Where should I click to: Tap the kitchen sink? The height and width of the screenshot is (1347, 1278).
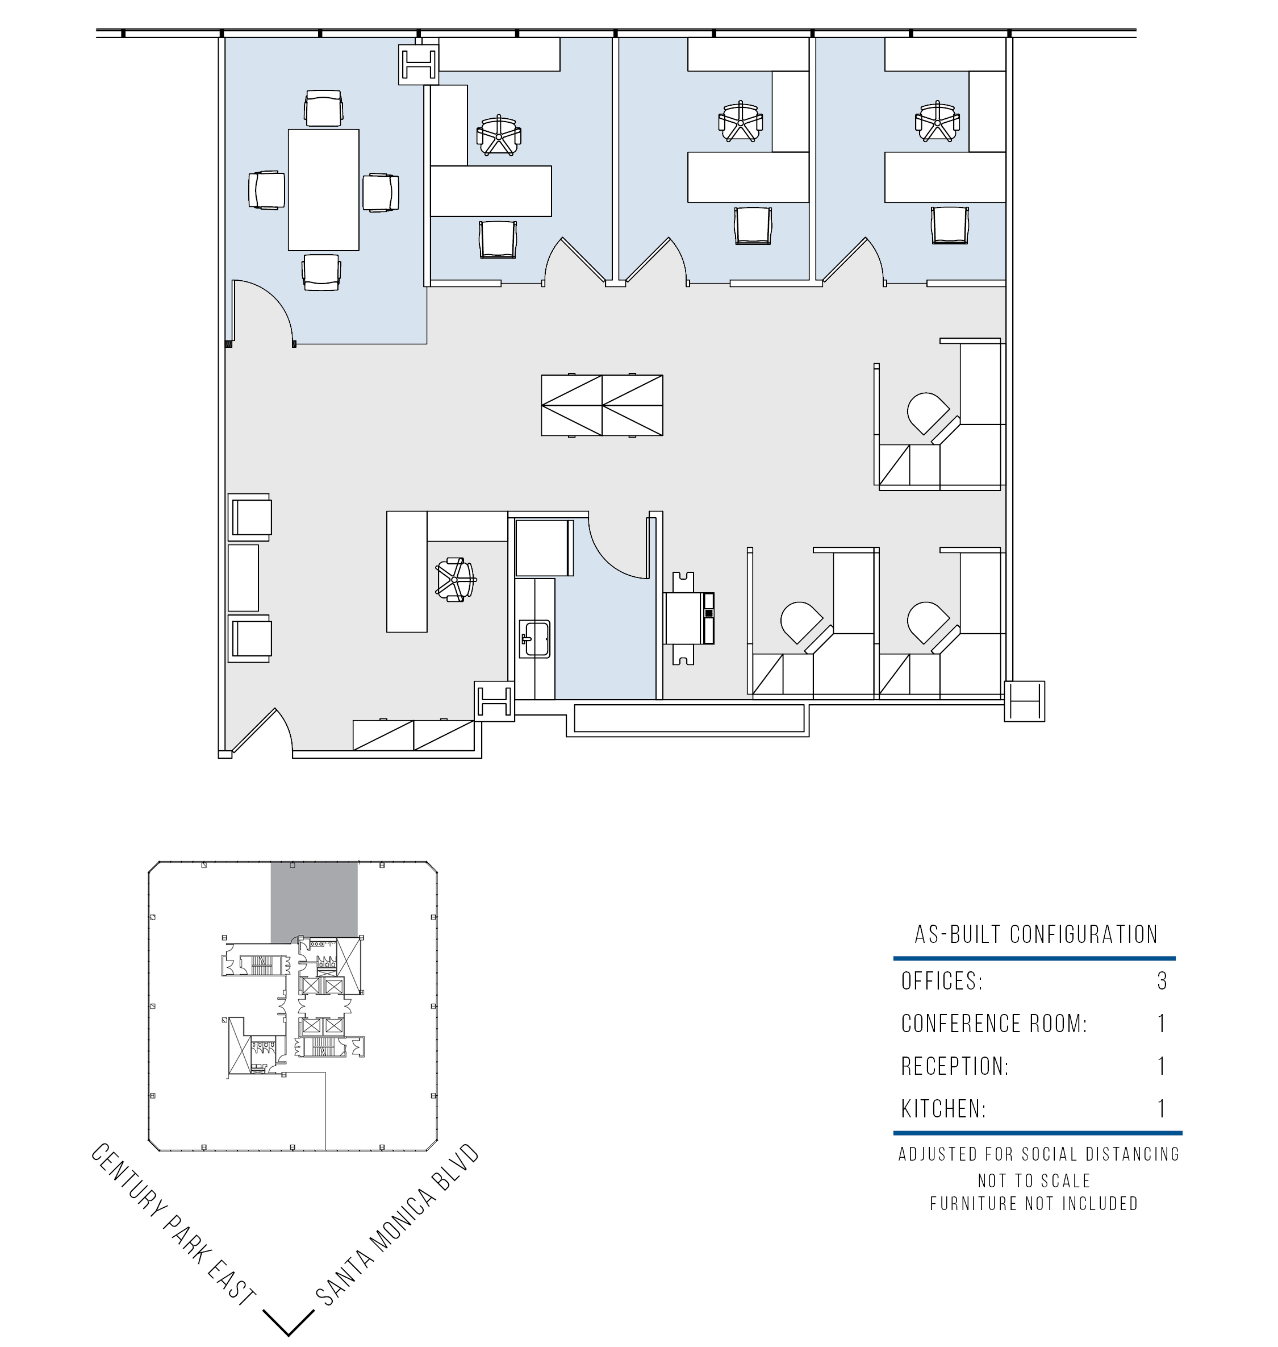534,639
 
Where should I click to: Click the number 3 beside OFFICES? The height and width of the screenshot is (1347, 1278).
1162,981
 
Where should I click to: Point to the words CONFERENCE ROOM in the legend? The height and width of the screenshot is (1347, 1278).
994,1023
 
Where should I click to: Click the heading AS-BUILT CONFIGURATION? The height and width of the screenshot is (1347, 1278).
1035,934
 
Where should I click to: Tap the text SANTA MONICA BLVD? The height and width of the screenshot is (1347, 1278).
398,1225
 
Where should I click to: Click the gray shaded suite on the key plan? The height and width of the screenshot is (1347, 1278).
314,902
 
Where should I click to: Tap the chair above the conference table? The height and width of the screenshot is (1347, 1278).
324,109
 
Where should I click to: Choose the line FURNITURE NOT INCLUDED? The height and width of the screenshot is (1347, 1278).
1034,1203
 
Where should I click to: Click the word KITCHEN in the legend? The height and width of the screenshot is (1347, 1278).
943,1109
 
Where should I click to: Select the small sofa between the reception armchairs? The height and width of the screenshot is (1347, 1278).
243,577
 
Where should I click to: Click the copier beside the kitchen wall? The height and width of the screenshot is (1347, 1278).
690,618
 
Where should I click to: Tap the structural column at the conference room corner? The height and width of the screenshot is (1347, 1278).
418,65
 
